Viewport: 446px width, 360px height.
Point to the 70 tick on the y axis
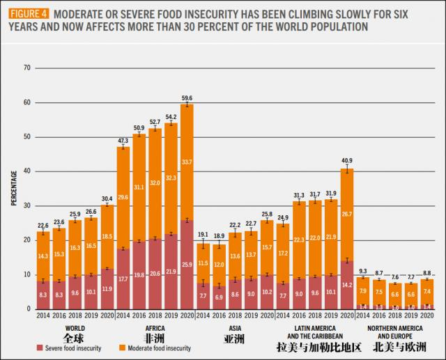coord(27,68)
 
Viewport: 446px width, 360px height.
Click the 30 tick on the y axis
coord(27,205)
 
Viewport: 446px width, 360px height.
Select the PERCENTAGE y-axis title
coord(14,188)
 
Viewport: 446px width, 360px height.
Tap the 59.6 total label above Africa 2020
coord(187,98)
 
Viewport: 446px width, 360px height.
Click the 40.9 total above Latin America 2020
coord(346,161)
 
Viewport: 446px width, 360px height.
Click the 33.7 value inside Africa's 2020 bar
coord(187,162)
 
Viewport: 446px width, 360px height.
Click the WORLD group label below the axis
coord(75,327)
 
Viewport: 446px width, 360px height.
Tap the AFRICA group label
coord(154,327)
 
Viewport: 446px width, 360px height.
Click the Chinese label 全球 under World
coord(75,338)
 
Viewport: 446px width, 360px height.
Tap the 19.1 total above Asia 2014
coord(203,235)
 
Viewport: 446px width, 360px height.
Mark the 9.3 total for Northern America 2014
coord(362,271)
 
